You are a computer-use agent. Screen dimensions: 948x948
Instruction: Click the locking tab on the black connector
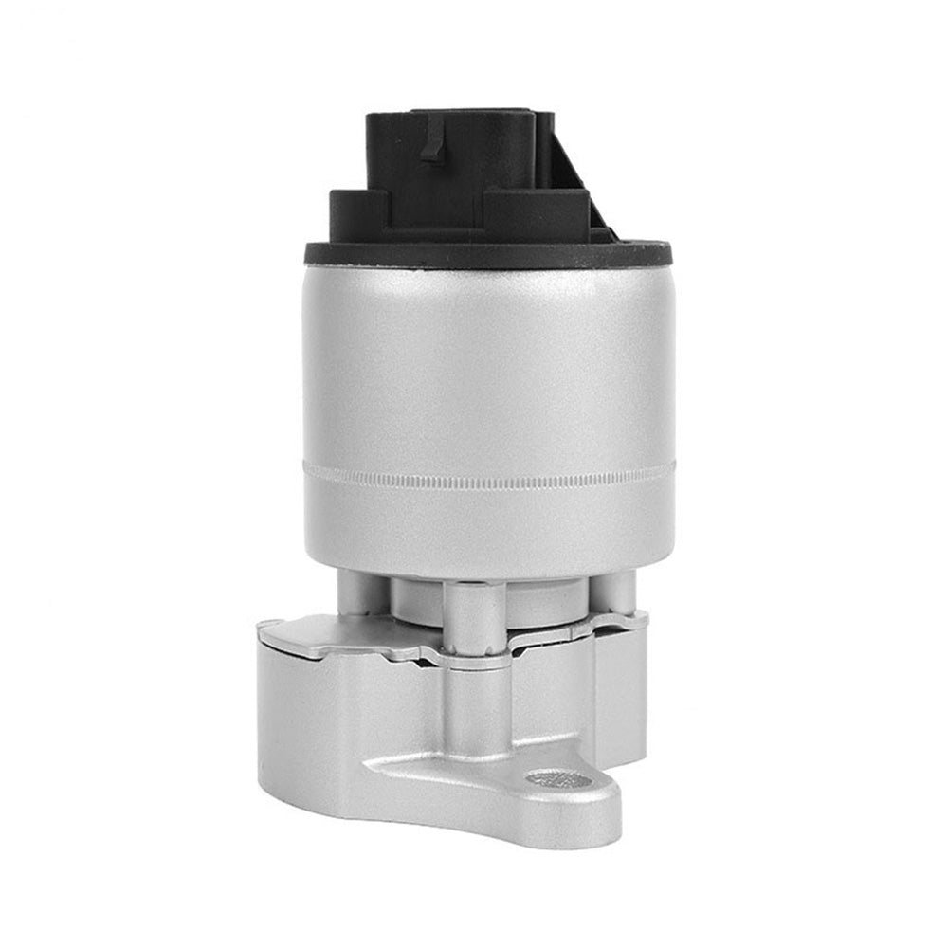coord(433,140)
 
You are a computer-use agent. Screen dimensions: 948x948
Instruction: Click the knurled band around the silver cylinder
coord(488,476)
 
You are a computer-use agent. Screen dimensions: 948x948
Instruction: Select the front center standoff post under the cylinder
coord(475,616)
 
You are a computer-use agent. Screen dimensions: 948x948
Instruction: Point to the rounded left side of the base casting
coord(284,720)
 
